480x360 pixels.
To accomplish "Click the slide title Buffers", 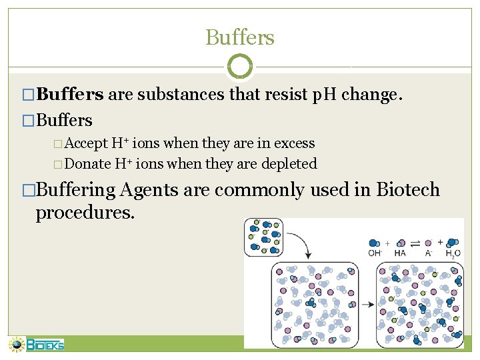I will [240, 37].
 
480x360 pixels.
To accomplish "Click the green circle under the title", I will [240, 67].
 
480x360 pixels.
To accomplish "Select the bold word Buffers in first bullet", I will [70, 95].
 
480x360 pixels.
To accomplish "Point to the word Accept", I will [88, 143].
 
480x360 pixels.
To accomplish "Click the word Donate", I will [89, 163].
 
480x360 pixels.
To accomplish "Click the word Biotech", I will [408, 189].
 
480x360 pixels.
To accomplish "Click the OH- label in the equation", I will [375, 253].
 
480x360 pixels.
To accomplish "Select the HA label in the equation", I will [401, 253].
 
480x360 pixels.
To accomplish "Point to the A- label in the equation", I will [429, 253].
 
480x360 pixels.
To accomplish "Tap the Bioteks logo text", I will [45, 345].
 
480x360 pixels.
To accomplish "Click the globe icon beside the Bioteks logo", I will [16, 345].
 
